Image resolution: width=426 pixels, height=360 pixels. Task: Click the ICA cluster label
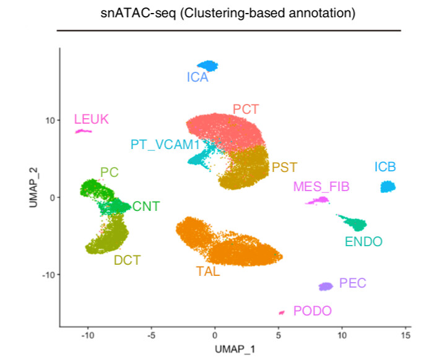coord(198,78)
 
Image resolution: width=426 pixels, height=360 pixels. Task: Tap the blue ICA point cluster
coord(208,66)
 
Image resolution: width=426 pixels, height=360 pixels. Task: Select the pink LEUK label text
coord(91,119)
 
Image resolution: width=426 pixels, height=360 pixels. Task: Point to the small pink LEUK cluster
coord(83,131)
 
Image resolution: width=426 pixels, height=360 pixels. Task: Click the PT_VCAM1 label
coord(165,145)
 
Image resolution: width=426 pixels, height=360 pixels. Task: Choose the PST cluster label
coord(284,167)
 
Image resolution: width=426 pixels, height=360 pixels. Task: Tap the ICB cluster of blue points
coord(388,186)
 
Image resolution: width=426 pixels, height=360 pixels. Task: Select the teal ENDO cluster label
coord(364,241)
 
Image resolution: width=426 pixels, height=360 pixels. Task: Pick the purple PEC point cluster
coord(326,286)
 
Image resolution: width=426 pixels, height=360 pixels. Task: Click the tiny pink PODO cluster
coord(282,312)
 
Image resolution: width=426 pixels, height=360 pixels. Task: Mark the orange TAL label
coord(207,270)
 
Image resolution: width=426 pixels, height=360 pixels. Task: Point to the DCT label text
coord(127,260)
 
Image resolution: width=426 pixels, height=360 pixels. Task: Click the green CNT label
coord(146,206)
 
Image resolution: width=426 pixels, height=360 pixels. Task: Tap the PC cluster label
coord(109,173)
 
